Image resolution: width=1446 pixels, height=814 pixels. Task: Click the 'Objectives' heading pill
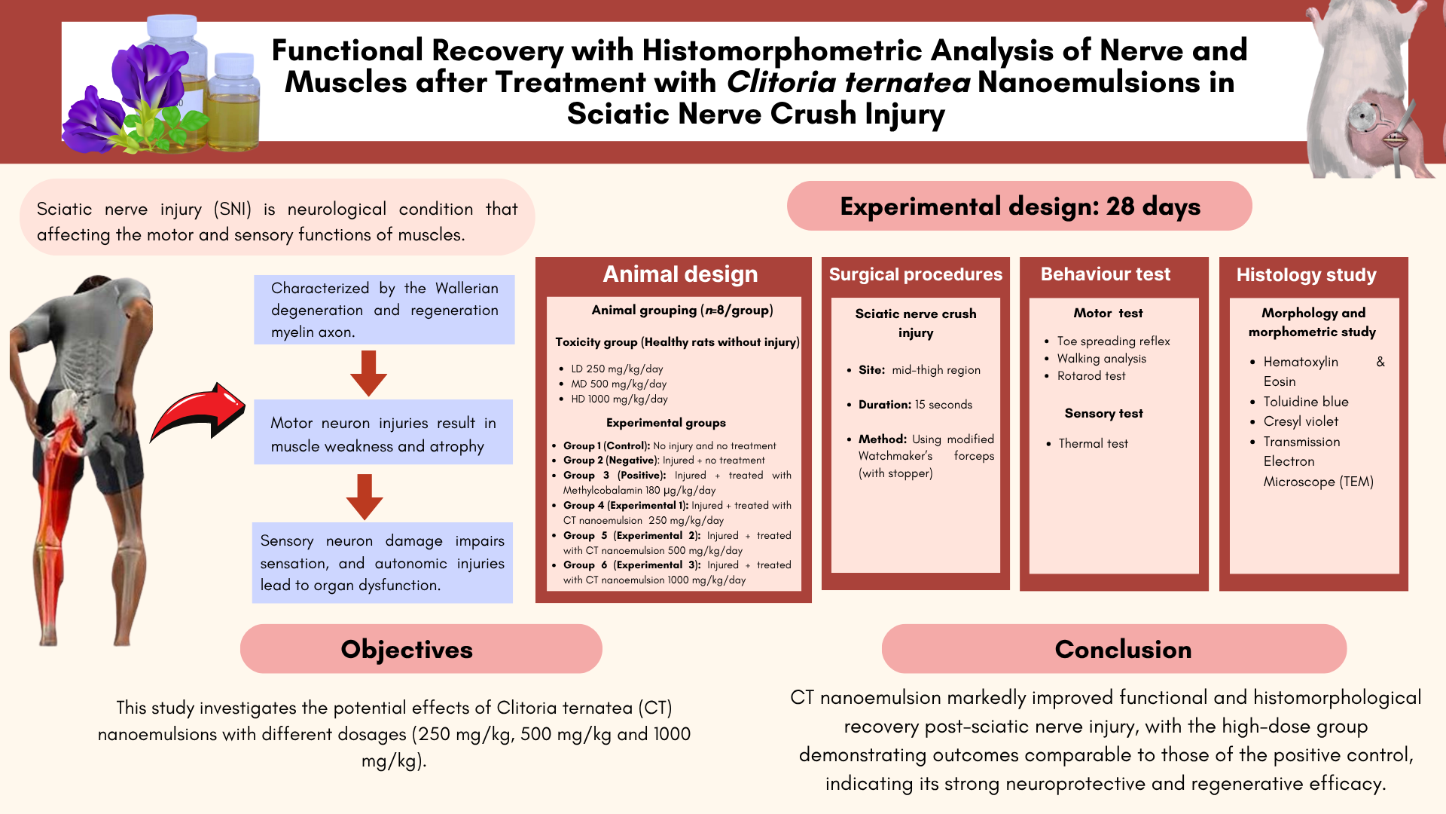[x=421, y=649]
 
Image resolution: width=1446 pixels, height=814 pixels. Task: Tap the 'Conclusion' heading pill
[x=1114, y=649]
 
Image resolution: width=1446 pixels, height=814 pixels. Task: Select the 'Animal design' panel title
[x=680, y=274]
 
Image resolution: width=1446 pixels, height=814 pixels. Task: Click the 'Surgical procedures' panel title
[x=915, y=274]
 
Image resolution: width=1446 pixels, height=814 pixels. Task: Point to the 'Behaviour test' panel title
[x=1105, y=274]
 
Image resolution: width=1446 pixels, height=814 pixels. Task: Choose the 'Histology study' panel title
[x=1306, y=275]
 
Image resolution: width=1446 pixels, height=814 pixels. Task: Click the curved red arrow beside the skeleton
[x=198, y=412]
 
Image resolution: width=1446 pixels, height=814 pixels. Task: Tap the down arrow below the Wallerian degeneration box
[x=368, y=372]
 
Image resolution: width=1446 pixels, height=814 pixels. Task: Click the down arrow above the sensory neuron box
[x=365, y=496]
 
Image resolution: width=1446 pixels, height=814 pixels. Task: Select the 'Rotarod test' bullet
[x=1091, y=376]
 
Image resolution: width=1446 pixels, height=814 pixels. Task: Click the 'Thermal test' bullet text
[x=1093, y=444]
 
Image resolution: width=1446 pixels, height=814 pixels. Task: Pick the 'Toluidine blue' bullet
[x=1305, y=402]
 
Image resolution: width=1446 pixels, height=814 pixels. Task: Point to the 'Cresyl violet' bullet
[x=1301, y=421]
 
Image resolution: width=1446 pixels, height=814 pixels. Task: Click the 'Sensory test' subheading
[x=1103, y=413]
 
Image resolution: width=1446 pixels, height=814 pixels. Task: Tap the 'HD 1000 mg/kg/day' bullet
[x=619, y=399]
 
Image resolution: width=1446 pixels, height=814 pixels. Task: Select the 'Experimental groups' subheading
[x=666, y=423]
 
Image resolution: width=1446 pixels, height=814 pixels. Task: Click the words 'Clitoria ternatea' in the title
[x=848, y=82]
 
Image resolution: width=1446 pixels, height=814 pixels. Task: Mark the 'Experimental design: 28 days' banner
[x=1020, y=206]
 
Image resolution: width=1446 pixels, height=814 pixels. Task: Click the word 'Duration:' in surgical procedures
[x=885, y=405]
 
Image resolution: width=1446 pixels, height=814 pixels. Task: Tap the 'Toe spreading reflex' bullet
[x=1113, y=341]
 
